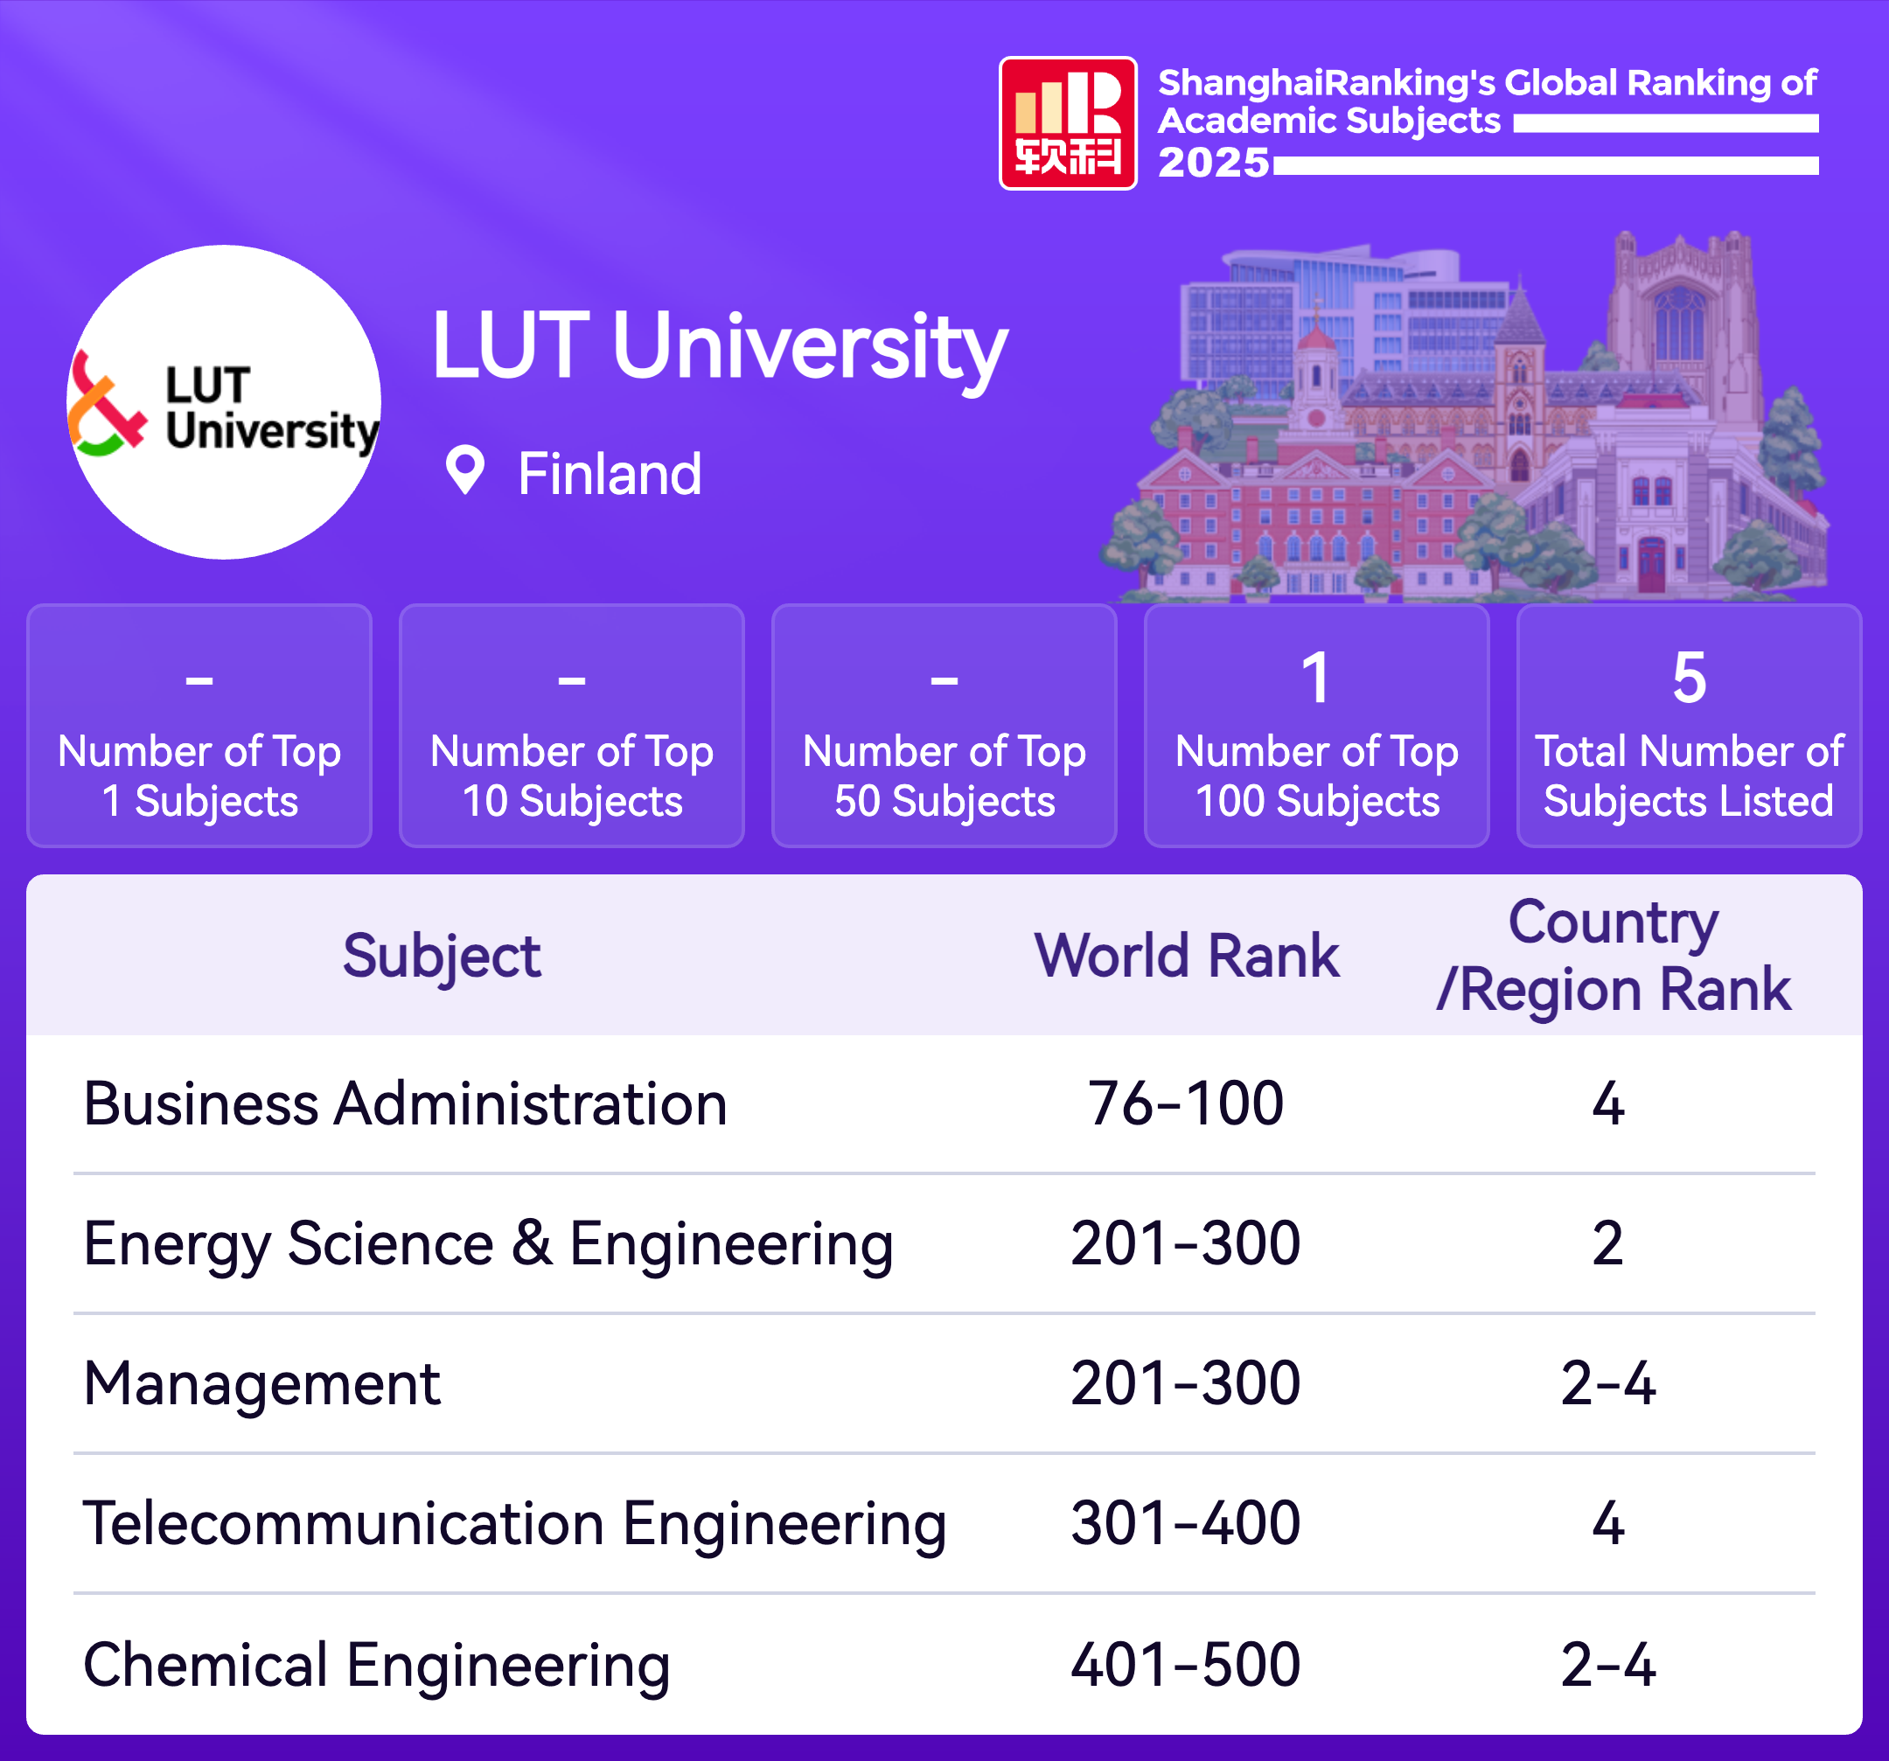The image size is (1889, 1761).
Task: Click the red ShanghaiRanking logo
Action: tap(1067, 123)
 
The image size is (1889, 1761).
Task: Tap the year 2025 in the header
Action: tap(1213, 164)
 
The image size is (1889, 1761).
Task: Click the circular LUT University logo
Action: tap(224, 403)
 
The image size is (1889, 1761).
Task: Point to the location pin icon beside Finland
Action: tap(464, 470)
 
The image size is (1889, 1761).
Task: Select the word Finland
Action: tap(609, 474)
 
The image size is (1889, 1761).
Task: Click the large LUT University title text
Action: tap(718, 348)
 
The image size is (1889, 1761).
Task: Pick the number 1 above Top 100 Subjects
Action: tap(1316, 679)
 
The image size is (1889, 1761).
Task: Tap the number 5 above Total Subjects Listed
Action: tap(1689, 679)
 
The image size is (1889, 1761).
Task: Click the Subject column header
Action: tap(442, 956)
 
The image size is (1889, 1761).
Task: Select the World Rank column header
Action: tap(1186, 956)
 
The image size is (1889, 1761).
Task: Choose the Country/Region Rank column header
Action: tap(1613, 956)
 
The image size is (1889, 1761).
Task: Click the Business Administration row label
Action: tap(405, 1103)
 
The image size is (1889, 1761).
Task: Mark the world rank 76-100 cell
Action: tap(1185, 1103)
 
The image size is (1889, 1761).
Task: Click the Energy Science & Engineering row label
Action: tap(487, 1243)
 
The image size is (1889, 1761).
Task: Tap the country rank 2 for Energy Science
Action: tap(1607, 1243)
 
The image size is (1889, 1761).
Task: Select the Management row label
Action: tap(261, 1383)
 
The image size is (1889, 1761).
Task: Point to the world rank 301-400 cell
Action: tap(1185, 1523)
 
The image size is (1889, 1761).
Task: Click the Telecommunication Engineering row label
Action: tap(514, 1523)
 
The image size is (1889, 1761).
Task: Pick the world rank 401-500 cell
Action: tap(1185, 1664)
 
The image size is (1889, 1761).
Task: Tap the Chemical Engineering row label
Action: tap(376, 1664)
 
